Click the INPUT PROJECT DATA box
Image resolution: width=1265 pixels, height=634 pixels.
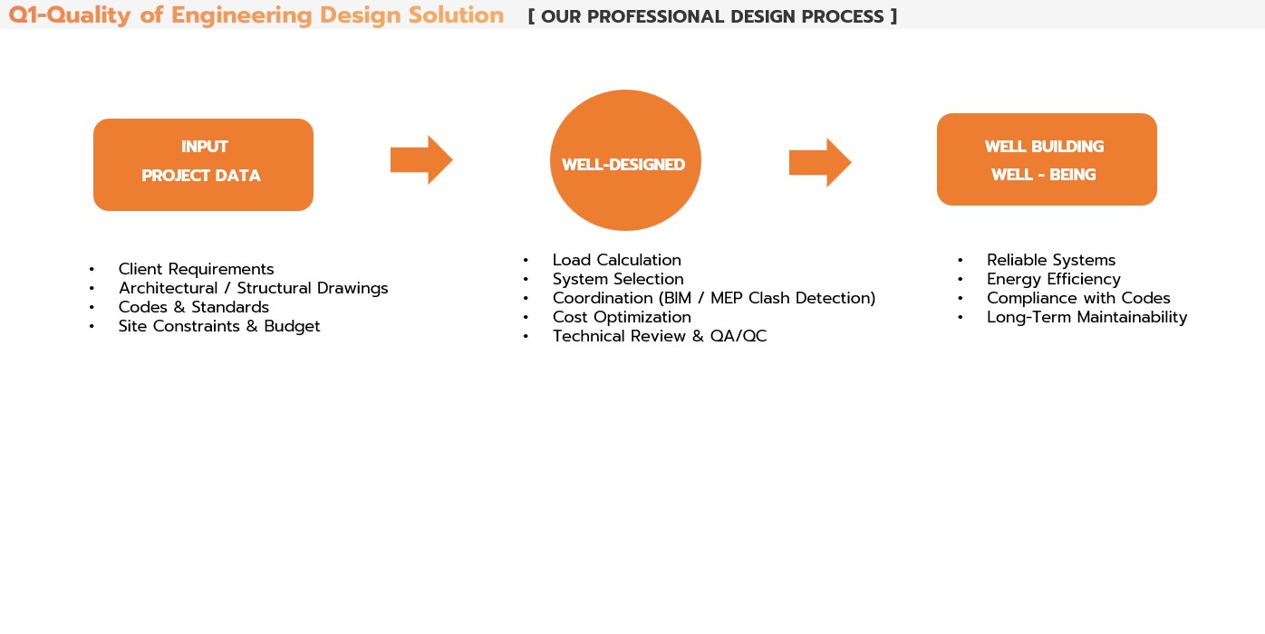point(203,165)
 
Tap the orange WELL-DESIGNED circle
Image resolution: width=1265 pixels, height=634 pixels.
point(625,160)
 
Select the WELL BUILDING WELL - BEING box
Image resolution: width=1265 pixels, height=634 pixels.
point(1047,159)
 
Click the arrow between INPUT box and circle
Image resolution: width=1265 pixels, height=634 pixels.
point(421,159)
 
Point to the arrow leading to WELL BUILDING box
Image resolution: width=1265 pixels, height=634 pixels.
point(820,162)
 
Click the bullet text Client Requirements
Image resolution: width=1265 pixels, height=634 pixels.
point(196,269)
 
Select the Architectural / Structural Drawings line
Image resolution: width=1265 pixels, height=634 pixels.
point(253,288)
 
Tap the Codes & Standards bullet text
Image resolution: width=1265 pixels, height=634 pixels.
point(194,307)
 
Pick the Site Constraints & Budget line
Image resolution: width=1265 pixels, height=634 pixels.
point(219,326)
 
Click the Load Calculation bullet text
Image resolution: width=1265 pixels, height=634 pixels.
point(617,260)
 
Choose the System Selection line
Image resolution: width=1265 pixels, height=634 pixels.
point(618,279)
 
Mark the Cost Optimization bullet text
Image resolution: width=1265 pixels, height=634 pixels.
point(622,317)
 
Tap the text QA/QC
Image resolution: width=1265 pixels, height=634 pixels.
point(739,337)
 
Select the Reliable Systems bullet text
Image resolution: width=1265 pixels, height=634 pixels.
point(1051,260)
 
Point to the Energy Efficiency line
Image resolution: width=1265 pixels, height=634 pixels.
point(1054,279)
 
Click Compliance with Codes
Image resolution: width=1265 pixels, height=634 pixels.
point(1078,298)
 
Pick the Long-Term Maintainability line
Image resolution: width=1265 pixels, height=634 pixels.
point(1087,317)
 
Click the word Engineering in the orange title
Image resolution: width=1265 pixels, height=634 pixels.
point(241,15)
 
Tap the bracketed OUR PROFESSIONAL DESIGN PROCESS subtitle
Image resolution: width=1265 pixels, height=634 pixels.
point(712,17)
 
